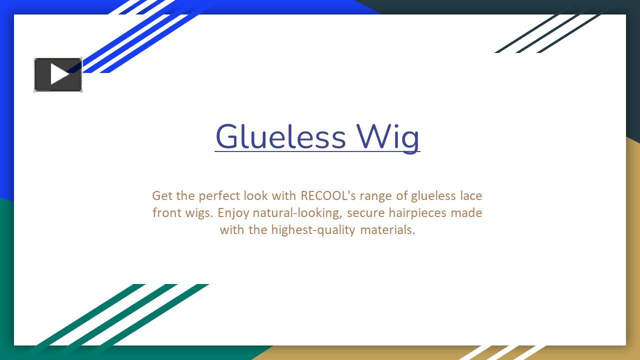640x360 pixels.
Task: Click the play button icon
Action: click(x=58, y=74)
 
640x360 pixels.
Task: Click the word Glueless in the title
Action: click(x=280, y=136)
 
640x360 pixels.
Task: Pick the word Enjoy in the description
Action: click(x=233, y=213)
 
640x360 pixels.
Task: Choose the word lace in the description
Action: click(x=471, y=195)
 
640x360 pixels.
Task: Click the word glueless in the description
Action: click(x=433, y=195)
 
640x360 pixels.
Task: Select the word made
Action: click(x=466, y=213)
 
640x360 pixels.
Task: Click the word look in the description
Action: click(x=255, y=195)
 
